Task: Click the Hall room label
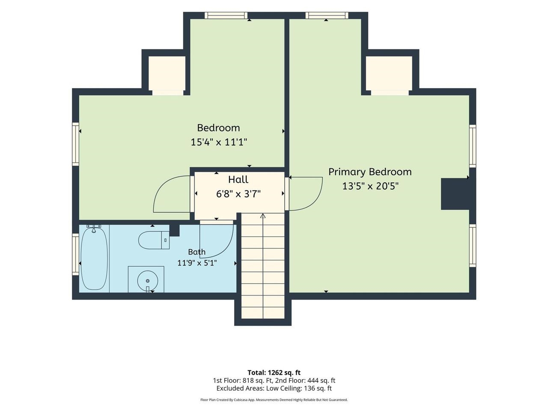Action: [238, 179]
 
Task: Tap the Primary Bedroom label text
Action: [370, 172]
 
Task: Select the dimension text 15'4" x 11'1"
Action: [219, 142]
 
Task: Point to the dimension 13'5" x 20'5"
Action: [370, 186]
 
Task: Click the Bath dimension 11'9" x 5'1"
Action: [197, 263]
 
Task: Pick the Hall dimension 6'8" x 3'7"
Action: [238, 194]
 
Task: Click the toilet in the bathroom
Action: [154, 240]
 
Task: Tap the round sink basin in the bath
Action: [148, 281]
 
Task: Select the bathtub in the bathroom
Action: [94, 258]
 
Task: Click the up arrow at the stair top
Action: [262, 216]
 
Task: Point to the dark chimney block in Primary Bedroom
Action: [455, 194]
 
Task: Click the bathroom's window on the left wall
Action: [75, 254]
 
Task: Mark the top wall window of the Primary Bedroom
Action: [327, 15]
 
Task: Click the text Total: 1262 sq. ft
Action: [274, 373]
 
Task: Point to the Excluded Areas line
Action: [274, 388]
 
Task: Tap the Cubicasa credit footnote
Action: [274, 400]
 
